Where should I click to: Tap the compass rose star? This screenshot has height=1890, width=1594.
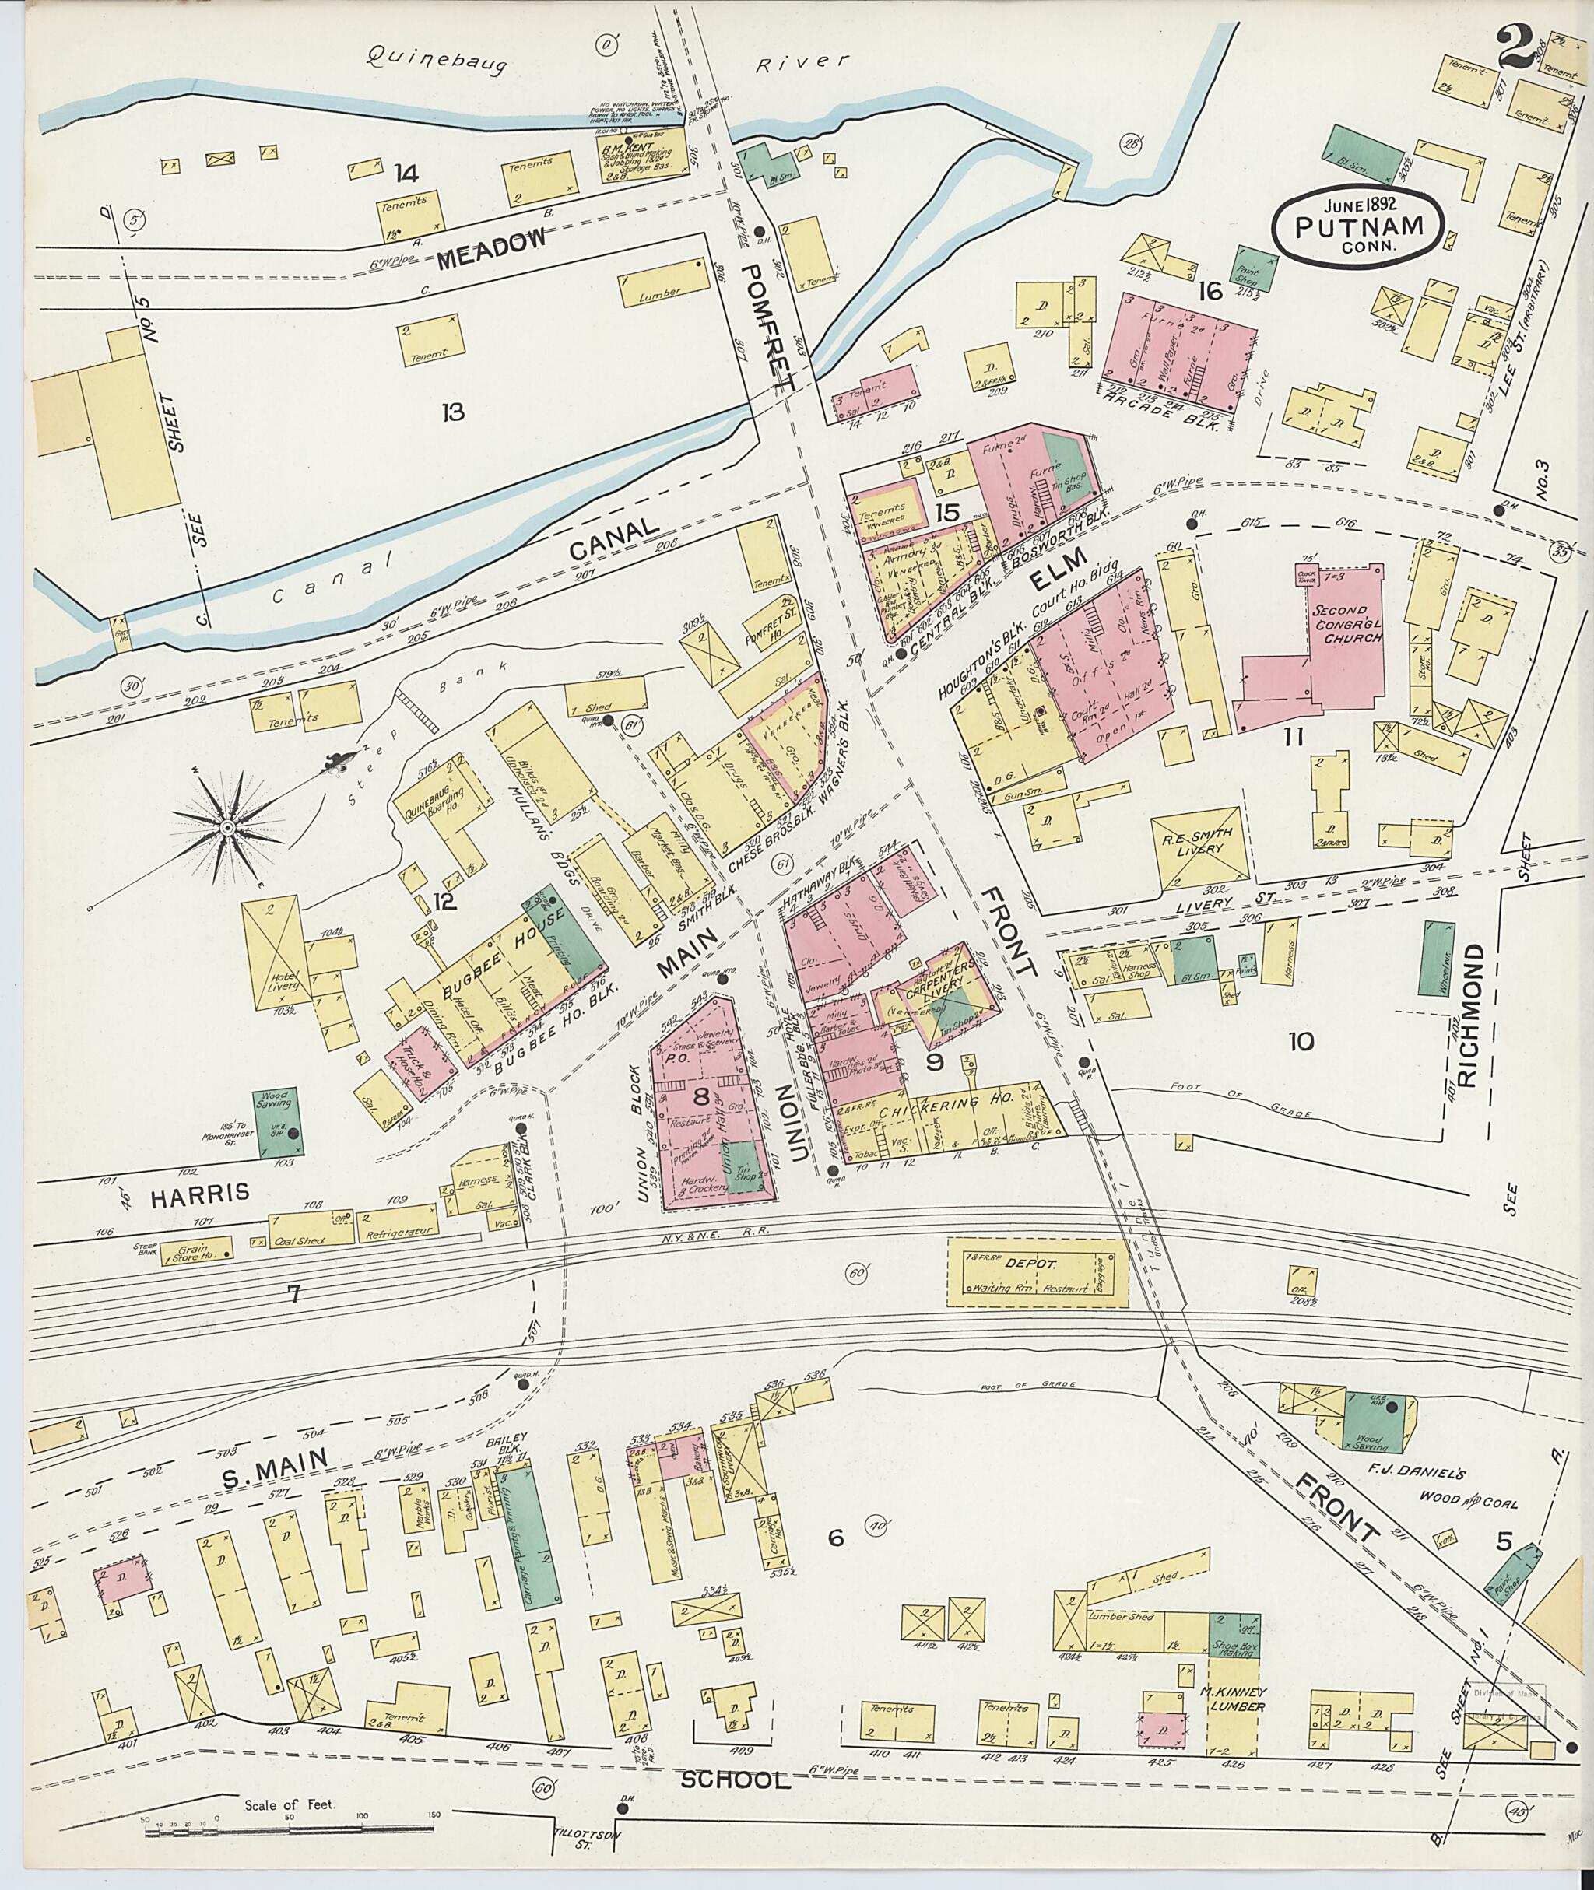[229, 829]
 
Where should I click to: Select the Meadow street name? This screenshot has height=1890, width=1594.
[493, 249]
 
